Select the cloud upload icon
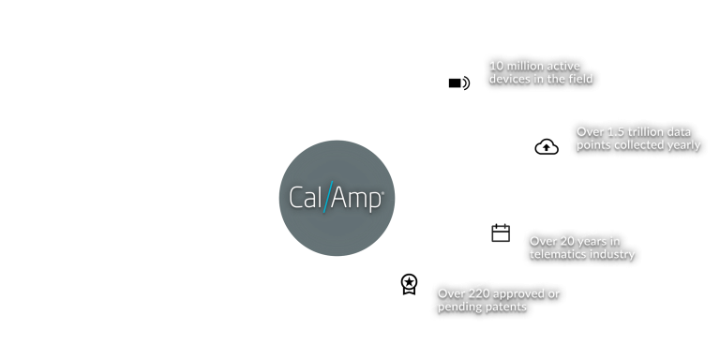pos(545,146)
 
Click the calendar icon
pos(500,232)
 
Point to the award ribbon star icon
pos(409,281)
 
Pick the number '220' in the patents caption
pos(481,293)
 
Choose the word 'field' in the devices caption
pos(580,80)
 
